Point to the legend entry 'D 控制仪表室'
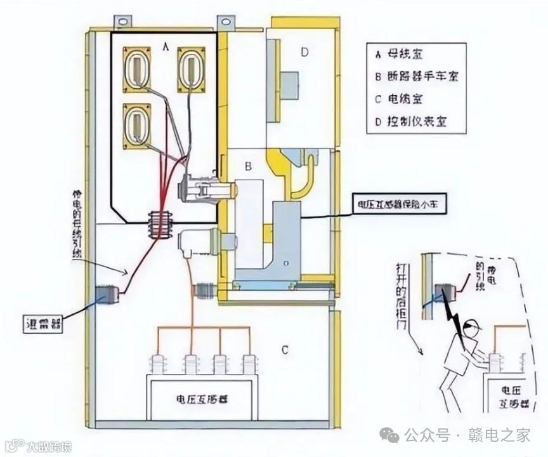[x=411, y=121]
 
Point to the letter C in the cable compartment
[x=285, y=348]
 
